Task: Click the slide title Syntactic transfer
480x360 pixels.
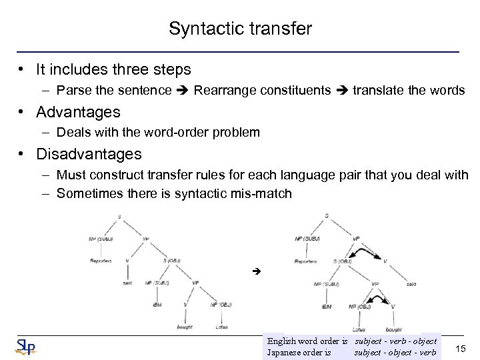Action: click(x=240, y=29)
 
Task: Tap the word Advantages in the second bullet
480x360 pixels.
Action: click(x=78, y=111)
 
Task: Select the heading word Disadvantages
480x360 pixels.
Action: click(x=89, y=154)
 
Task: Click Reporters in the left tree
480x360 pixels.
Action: click(x=101, y=261)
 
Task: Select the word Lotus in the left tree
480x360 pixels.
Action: click(x=221, y=327)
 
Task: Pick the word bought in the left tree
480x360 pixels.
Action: click(x=185, y=327)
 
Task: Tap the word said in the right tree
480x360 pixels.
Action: click(x=410, y=284)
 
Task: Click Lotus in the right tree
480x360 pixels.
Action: click(x=359, y=329)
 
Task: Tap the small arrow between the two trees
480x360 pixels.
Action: click(x=255, y=273)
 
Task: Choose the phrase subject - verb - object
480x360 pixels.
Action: click(x=396, y=341)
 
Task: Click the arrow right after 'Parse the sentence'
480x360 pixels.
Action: click(x=183, y=90)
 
